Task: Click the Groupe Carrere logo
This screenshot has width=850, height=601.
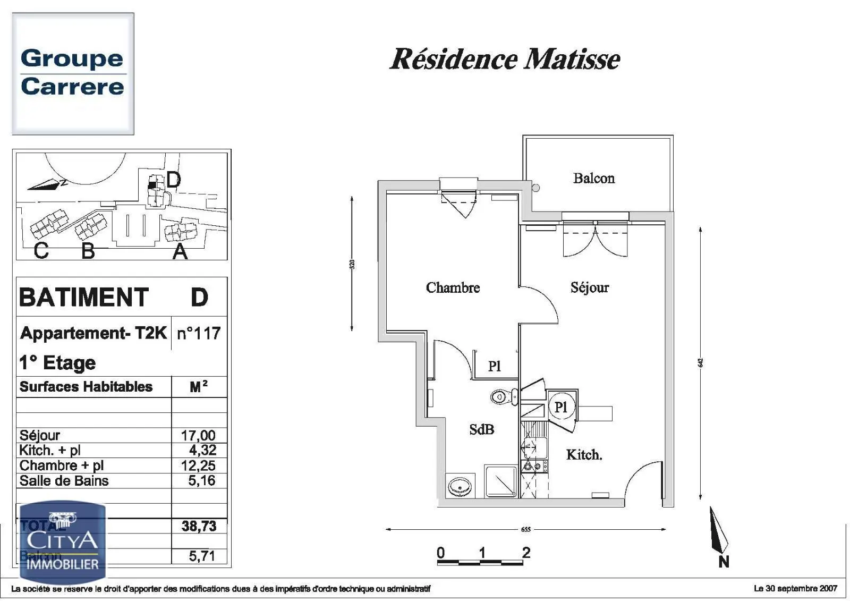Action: (x=73, y=73)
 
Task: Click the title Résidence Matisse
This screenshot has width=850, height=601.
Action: (x=505, y=58)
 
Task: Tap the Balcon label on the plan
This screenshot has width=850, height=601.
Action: (x=593, y=178)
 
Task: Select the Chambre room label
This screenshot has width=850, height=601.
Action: (x=453, y=287)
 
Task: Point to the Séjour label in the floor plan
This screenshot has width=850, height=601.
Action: (x=589, y=287)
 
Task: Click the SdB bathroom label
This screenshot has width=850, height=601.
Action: (x=481, y=429)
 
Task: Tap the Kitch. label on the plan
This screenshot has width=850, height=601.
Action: (x=584, y=455)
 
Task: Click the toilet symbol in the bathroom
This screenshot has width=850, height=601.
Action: (x=504, y=396)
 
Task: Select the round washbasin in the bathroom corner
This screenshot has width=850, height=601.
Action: (x=460, y=486)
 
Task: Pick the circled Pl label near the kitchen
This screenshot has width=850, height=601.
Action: (x=561, y=407)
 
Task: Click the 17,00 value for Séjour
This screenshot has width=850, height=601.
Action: (x=198, y=435)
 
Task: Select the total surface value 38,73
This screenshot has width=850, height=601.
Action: (x=199, y=526)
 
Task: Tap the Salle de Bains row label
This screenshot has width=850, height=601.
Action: (x=64, y=481)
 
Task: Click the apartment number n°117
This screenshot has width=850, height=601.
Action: (x=198, y=333)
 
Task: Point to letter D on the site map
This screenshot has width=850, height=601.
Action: (x=173, y=180)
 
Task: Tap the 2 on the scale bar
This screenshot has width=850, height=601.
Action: (x=526, y=553)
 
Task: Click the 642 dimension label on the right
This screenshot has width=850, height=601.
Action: (x=700, y=362)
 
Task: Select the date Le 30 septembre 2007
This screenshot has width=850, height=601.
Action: (x=795, y=588)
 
